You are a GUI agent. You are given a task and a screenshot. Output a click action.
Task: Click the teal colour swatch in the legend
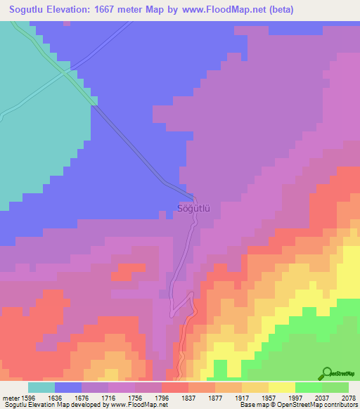[x=41, y=387]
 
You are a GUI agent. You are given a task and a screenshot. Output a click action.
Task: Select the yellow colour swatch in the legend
[x=282, y=387]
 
